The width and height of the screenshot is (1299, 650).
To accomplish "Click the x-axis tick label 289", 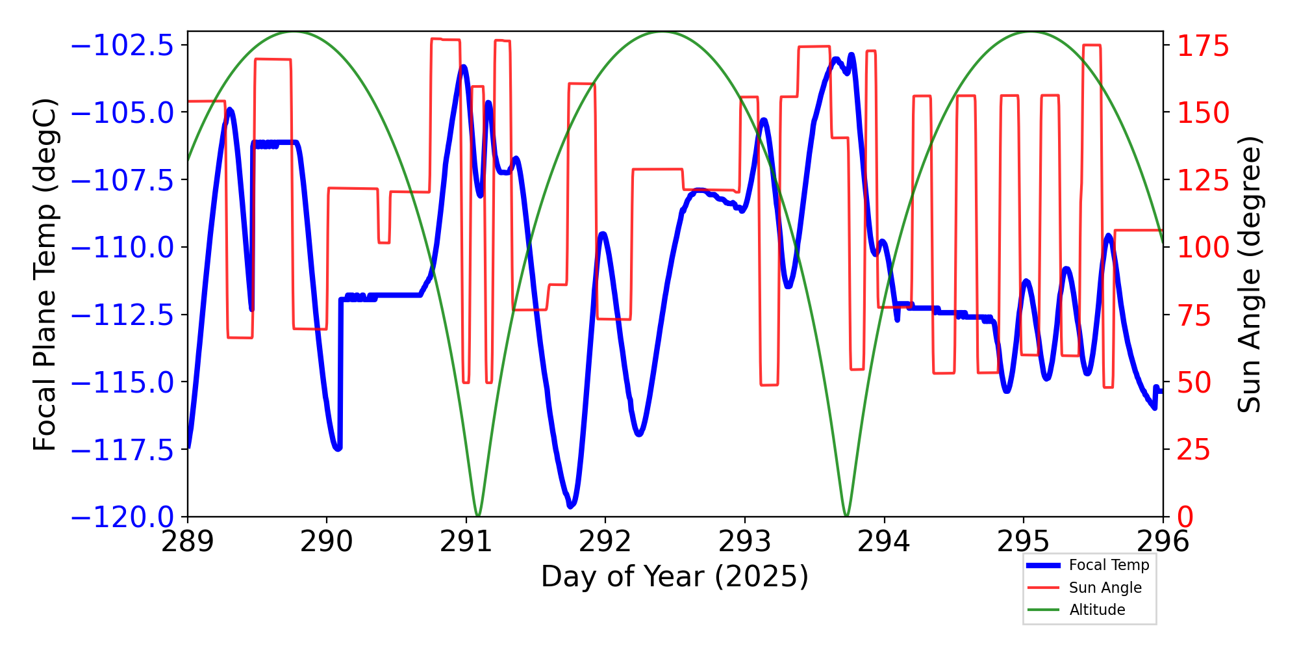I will click(188, 541).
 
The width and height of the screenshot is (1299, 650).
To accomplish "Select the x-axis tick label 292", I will click(605, 541).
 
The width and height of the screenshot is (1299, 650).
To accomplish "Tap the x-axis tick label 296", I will click(1163, 541).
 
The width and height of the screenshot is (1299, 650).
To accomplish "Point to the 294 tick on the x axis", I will click(884, 541).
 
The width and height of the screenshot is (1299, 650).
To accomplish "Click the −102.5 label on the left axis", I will click(122, 46).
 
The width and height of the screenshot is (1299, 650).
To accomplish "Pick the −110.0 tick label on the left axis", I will click(122, 248).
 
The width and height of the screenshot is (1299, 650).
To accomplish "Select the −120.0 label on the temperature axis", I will click(122, 517).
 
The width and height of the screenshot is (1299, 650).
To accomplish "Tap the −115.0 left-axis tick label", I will click(122, 382).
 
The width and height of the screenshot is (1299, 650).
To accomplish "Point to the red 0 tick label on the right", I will click(1186, 517).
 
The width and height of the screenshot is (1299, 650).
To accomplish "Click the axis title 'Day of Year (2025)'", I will click(675, 577).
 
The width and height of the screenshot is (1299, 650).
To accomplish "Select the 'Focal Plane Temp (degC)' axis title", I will click(45, 274).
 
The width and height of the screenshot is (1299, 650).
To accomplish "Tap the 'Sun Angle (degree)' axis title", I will click(1248, 274).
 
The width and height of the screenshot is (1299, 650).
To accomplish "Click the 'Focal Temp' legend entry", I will click(1109, 565).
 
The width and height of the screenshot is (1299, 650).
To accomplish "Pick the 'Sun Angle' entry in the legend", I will click(1105, 588).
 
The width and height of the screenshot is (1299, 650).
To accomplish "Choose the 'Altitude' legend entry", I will click(1097, 610).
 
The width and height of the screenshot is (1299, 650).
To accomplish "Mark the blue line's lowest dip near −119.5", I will click(570, 505).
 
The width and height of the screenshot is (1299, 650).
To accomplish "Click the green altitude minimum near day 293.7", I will click(846, 515).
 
